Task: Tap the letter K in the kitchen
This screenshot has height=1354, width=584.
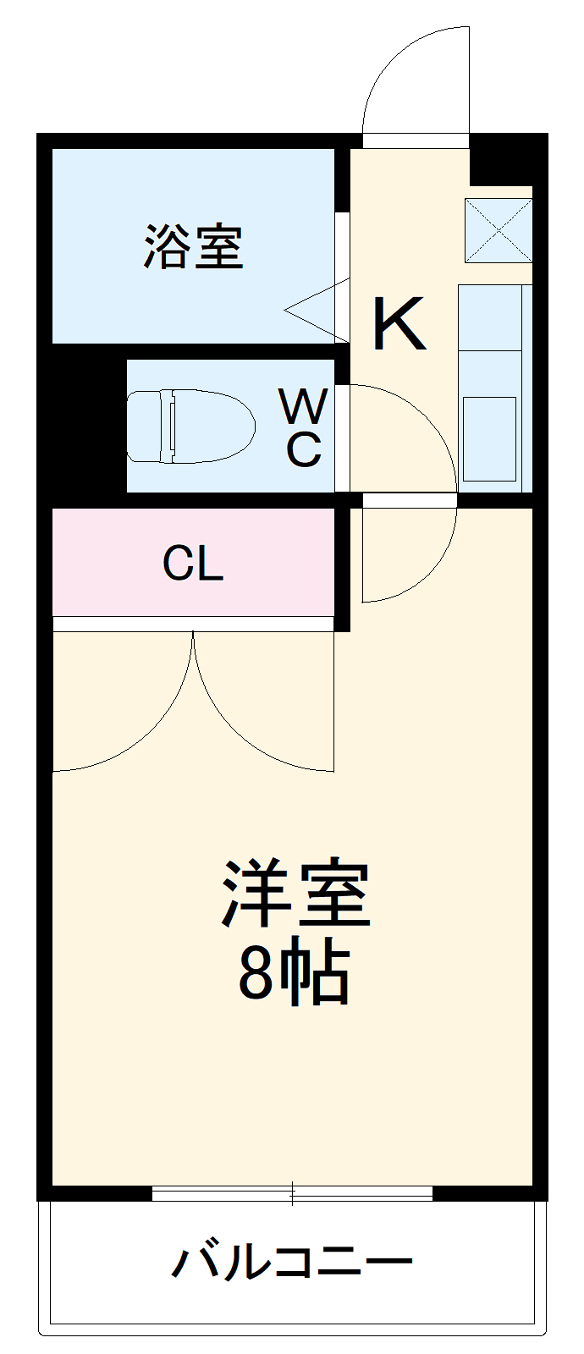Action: (x=398, y=325)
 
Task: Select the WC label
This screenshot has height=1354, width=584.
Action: (x=303, y=428)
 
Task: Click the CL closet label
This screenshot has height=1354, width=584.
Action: (x=193, y=563)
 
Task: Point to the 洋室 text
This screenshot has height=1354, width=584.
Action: (x=295, y=894)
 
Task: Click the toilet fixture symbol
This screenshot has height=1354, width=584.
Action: (x=190, y=426)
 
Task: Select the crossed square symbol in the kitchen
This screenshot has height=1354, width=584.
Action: (x=499, y=230)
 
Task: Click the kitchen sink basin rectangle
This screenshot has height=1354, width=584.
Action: (x=489, y=438)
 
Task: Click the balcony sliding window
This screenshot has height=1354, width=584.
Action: (x=292, y=1193)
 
